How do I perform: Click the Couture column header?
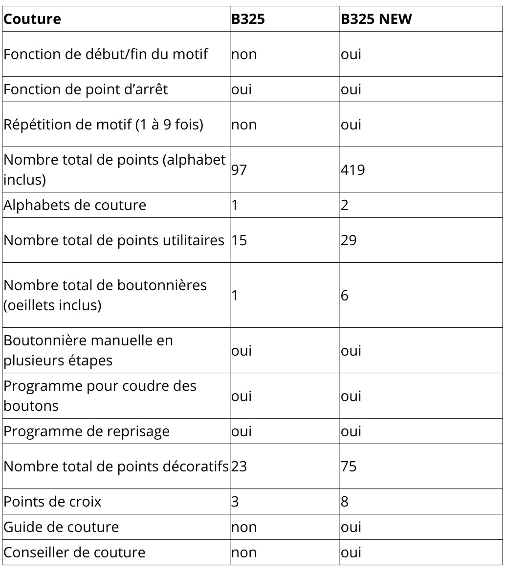tap(32, 19)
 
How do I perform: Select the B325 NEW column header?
tap(377, 19)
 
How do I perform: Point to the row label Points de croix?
tap(52, 502)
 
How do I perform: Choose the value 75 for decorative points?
tap(349, 466)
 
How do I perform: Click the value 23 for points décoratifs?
tap(239, 466)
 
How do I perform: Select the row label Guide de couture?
tap(61, 527)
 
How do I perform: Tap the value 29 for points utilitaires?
tap(349, 240)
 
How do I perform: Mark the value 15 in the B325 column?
tap(239, 240)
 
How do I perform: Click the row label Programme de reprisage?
tap(87, 431)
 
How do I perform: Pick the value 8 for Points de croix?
tap(344, 502)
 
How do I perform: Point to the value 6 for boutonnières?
tap(344, 296)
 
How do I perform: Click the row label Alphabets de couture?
tap(75, 205)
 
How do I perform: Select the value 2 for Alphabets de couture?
tap(344, 205)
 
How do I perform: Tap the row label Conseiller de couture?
tap(74, 552)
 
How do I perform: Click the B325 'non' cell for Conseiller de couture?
tap(244, 552)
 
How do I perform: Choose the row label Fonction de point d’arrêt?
tap(86, 89)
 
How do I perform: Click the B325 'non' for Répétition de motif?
tap(244, 125)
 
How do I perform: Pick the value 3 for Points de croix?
tap(235, 502)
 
